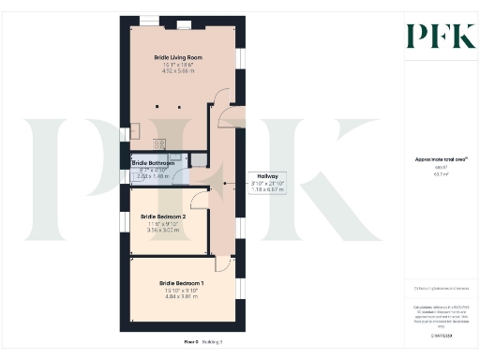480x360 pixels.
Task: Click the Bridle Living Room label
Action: point(178,57)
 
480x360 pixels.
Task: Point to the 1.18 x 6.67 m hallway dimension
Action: point(267,189)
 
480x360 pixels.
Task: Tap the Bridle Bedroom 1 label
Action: point(181,282)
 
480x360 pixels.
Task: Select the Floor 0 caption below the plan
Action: point(190,343)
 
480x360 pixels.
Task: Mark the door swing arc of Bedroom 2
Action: point(199,199)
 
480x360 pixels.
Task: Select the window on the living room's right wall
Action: point(240,58)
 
